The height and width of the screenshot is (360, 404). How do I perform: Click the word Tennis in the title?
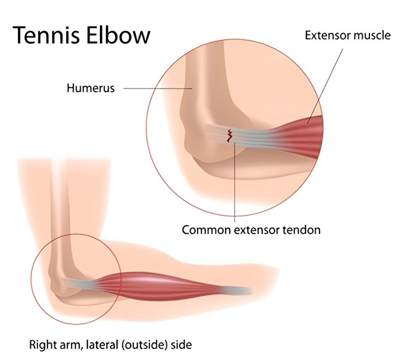pyautogui.click(x=46, y=35)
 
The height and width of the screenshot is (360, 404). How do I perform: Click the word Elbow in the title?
pyautogui.click(x=118, y=35)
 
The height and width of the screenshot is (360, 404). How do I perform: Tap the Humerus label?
pyautogui.click(x=91, y=88)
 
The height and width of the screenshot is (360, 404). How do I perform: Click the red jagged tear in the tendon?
pyautogui.click(x=229, y=136)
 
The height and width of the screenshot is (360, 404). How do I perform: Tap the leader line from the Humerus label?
pyautogui.click(x=158, y=88)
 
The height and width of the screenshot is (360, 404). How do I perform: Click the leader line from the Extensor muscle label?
pyautogui.click(x=325, y=86)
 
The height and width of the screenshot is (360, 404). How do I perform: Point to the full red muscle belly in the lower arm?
pyautogui.click(x=165, y=287)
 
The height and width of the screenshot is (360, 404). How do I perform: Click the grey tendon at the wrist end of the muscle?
pyautogui.click(x=238, y=290)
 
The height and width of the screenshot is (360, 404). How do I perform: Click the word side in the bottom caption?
pyautogui.click(x=181, y=345)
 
